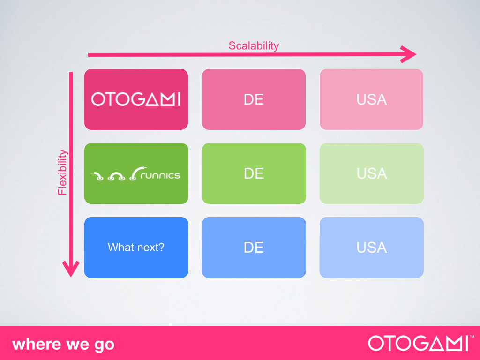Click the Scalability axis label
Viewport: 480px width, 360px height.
click(254, 46)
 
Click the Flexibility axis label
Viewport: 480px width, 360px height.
click(62, 172)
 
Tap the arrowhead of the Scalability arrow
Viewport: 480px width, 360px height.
click(408, 54)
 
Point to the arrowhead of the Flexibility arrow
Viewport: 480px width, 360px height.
click(71, 269)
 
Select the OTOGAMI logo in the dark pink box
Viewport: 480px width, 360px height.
click(136, 99)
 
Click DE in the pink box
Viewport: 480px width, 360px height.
click(254, 99)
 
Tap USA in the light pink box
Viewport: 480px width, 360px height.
click(372, 99)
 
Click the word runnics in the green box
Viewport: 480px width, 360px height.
click(160, 175)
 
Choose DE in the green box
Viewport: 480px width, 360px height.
click(254, 173)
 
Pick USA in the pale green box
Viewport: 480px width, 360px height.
click(372, 173)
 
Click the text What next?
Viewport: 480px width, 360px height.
click(136, 247)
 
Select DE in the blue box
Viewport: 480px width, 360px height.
click(254, 247)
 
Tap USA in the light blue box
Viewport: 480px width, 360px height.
click(372, 247)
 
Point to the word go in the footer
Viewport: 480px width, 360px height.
click(104, 345)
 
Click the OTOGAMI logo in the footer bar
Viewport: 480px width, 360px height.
click(418, 343)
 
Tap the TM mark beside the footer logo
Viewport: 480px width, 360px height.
click(472, 337)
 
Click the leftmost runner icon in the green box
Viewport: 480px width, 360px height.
click(97, 176)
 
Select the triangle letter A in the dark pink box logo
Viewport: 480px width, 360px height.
click(152, 99)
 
